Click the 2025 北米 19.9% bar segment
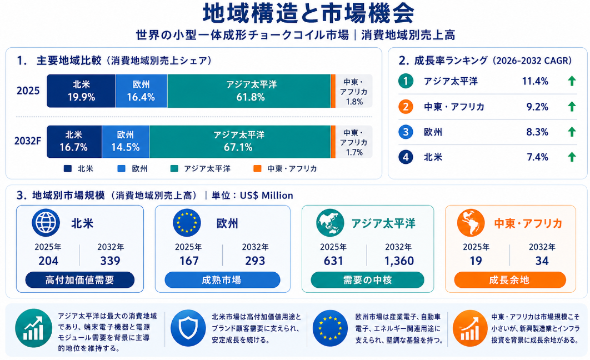click(x=81, y=91)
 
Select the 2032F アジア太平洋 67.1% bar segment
click(x=239, y=142)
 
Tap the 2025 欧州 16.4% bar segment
click(x=142, y=91)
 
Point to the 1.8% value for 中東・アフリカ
click(x=354, y=102)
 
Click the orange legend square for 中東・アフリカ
click(x=257, y=168)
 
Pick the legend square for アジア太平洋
click(x=174, y=168)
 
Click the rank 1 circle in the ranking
click(x=406, y=81)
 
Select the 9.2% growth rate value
click(x=537, y=107)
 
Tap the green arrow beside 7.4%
click(x=572, y=157)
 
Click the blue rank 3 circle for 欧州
click(x=406, y=132)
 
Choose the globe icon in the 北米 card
click(x=46, y=223)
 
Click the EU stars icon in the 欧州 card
click(x=187, y=223)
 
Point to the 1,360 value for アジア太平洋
click(x=399, y=261)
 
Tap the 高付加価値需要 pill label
click(x=80, y=280)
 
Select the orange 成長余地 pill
click(x=510, y=280)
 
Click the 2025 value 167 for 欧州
click(x=189, y=261)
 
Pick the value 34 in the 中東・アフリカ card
click(x=542, y=261)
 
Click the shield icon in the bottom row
click(x=188, y=328)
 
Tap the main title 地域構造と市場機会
click(x=308, y=13)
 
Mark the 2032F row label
click(x=27, y=141)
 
